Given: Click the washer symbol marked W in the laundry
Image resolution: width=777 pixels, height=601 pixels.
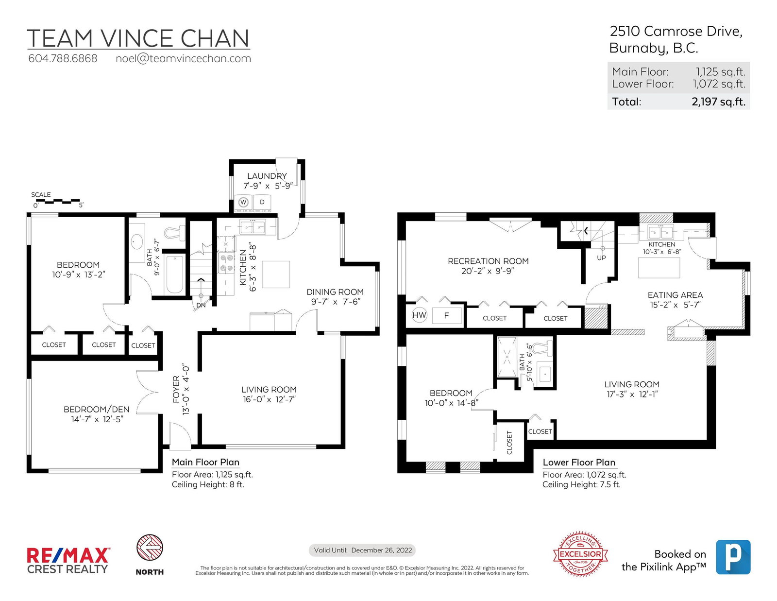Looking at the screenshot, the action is [x=243, y=203].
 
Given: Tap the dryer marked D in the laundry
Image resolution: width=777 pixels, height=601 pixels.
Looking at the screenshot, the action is [x=262, y=203].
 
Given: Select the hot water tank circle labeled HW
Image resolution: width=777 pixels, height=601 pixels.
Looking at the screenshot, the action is [x=419, y=315].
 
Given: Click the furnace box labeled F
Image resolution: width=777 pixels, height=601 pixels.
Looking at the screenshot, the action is [x=447, y=315].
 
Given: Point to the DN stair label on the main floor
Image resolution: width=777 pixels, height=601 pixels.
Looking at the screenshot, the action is [x=201, y=305].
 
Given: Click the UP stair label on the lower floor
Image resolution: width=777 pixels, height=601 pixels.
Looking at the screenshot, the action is [x=601, y=258].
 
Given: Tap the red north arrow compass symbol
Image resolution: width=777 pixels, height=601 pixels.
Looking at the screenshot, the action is [x=150, y=548].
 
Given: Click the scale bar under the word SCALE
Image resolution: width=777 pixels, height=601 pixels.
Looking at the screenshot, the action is [x=58, y=201].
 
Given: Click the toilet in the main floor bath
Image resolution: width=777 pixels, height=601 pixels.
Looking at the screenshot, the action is [x=175, y=233].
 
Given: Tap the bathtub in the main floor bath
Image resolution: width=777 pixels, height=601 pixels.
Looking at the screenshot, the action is [x=175, y=275].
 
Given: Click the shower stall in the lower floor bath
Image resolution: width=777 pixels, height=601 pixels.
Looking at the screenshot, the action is [x=507, y=357].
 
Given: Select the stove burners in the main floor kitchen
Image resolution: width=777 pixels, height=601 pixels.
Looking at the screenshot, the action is [x=226, y=262].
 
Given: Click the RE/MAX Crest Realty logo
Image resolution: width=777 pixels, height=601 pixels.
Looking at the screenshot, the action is [x=68, y=560].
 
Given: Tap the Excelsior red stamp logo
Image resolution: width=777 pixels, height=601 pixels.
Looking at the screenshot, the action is [x=580, y=554].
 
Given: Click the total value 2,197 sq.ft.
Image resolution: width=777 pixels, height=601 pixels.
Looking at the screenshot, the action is [x=718, y=102].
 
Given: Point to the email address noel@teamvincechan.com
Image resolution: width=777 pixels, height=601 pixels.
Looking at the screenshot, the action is [x=183, y=59].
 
